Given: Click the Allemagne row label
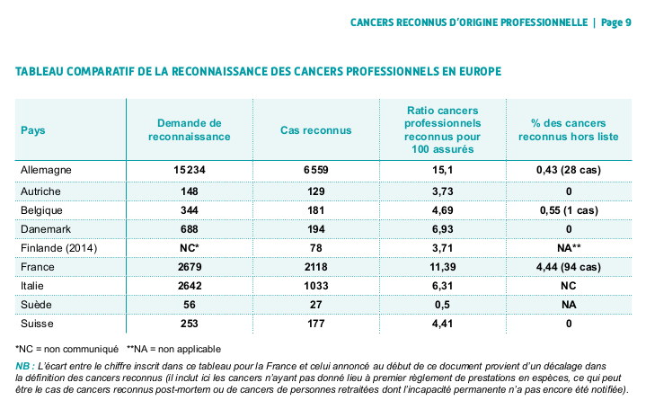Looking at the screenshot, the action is tap(46, 170).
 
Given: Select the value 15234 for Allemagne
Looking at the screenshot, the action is tap(189, 170).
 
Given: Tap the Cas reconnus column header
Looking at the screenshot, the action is tap(316, 130).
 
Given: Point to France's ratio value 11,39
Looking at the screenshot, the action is tap(442, 267).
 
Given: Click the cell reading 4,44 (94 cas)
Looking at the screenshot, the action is tap(569, 267).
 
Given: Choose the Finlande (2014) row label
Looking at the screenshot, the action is tap(59, 248).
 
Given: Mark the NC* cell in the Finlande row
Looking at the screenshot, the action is tap(189, 248).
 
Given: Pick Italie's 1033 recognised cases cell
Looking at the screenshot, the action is tap(316, 286).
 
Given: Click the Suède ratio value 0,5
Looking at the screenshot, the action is tap(442, 305).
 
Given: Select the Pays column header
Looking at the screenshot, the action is tap(33, 130).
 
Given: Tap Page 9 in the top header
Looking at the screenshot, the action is tap(616, 22).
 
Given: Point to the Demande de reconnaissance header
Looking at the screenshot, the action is tap(189, 129).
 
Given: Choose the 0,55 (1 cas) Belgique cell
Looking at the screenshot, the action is tap(569, 210).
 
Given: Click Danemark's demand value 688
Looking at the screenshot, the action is tap(189, 229).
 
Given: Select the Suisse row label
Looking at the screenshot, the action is tap(37, 324).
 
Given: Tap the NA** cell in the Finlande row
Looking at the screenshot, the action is tap(569, 248).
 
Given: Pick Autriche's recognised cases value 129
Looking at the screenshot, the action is tap(316, 191).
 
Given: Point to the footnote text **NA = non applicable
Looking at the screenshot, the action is tap(173, 349).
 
